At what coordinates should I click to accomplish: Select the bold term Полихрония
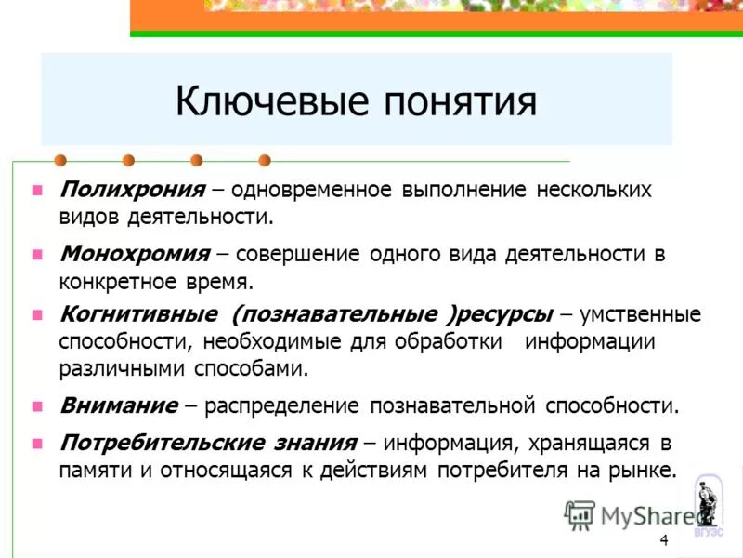click(132, 190)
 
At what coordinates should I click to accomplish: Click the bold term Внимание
click(118, 405)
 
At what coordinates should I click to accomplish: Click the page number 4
click(663, 541)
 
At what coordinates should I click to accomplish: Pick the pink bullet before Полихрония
click(37, 191)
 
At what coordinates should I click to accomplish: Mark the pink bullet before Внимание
click(37, 406)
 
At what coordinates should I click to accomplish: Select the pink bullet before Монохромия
click(37, 253)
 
